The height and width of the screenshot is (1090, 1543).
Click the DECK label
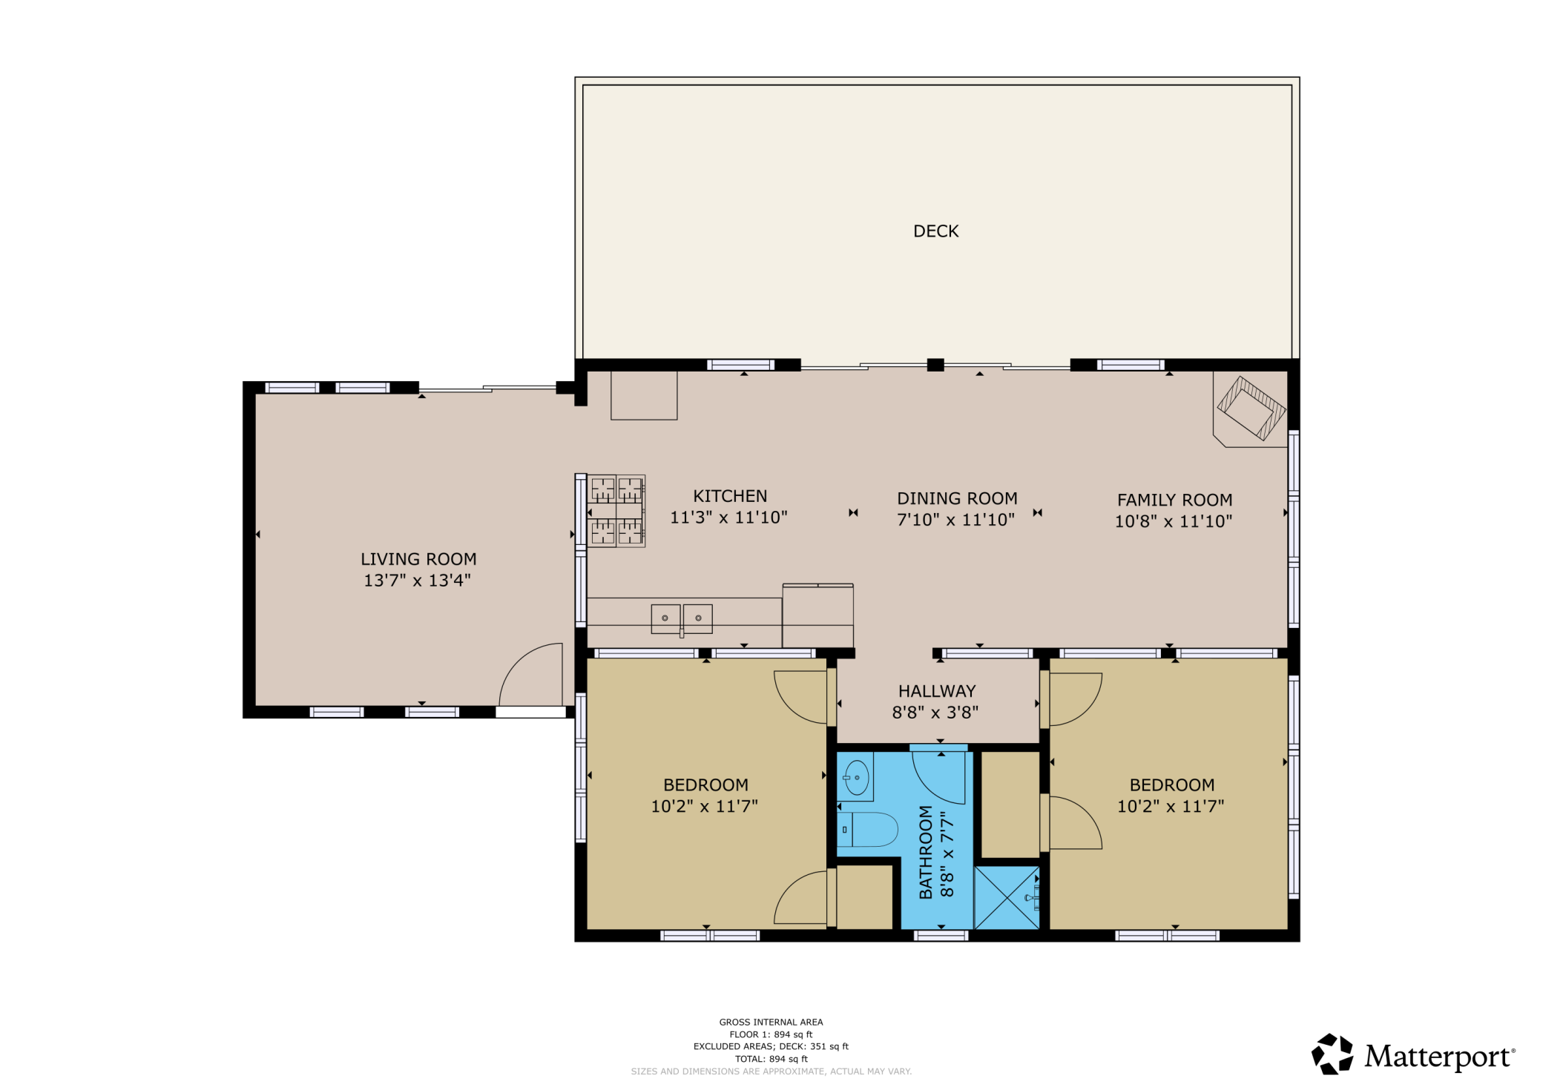coord(935,231)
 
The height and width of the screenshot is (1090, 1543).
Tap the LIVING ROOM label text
coord(418,559)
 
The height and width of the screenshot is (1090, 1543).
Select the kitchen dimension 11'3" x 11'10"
coord(728,518)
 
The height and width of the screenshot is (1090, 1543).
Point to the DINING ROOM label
coord(957,498)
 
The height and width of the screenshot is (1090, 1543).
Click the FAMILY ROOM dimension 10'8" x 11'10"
coord(1174,521)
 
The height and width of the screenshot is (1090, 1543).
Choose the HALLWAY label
coord(937,691)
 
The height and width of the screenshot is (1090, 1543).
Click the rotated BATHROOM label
coord(926,853)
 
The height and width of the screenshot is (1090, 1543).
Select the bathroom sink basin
coord(857,778)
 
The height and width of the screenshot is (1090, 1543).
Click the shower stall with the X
coord(1007,897)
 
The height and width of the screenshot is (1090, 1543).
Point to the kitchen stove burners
coord(616,511)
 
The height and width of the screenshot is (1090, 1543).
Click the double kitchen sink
coord(682,618)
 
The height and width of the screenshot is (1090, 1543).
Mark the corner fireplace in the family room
coord(1251,409)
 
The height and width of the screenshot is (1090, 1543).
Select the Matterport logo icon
coord(1332,1054)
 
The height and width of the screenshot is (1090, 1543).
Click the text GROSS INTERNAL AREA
coord(771,1022)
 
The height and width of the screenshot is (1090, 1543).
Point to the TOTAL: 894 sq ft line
coord(771,1059)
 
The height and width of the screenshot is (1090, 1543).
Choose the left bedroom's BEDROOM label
coord(705,785)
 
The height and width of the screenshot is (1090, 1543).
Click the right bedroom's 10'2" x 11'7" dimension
coord(1171,806)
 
